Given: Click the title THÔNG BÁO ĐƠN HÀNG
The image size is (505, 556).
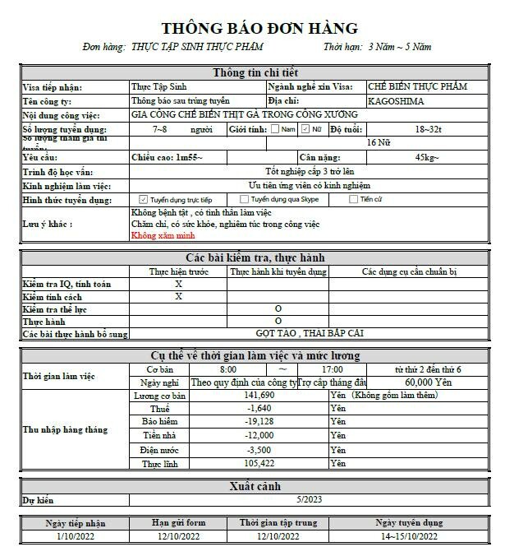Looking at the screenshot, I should [x=259, y=29].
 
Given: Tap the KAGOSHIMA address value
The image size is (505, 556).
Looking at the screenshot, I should [x=397, y=100].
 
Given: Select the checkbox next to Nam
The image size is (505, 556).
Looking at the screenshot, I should [x=275, y=129].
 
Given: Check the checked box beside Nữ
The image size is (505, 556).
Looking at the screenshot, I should [x=305, y=129].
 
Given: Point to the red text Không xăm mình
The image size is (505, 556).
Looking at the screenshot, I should [x=163, y=235].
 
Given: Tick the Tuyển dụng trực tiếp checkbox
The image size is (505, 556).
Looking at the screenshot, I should [x=144, y=199].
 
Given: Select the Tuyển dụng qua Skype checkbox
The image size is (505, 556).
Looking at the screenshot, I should [x=245, y=199].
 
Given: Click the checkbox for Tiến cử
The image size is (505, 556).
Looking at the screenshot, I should [x=354, y=199].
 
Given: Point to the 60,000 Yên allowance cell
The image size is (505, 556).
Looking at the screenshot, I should [x=429, y=382].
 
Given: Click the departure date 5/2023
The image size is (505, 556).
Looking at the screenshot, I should [x=309, y=499].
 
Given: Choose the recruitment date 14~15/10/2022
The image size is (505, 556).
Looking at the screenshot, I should [x=408, y=536].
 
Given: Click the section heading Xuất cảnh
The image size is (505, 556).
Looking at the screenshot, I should [x=257, y=487].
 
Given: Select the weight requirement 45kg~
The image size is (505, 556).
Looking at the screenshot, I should [x=427, y=157].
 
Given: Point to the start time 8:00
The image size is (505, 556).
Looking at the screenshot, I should [x=228, y=369].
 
